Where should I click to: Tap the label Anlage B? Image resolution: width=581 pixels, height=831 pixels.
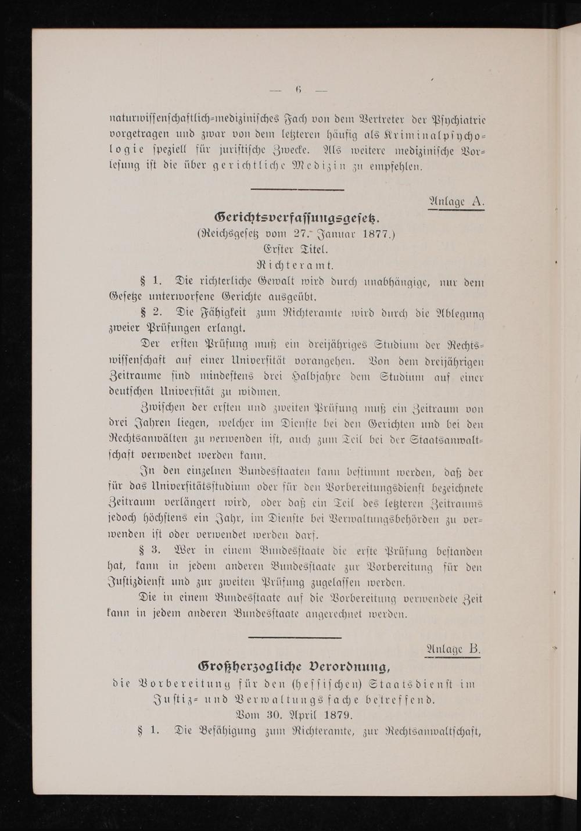[454, 649]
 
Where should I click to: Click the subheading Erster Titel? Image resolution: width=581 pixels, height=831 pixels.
[296, 250]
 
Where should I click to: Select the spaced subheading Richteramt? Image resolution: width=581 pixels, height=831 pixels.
[296, 266]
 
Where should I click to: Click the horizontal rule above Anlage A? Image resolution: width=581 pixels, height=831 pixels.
[297, 188]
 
